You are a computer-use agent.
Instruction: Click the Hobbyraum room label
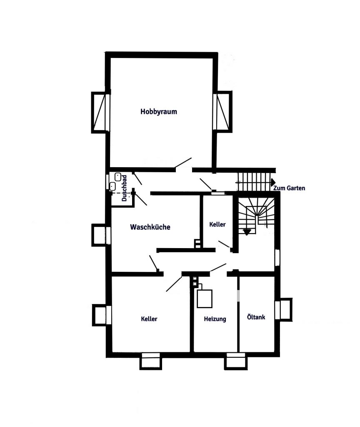pyautogui.click(x=159, y=112)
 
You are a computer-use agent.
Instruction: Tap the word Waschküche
pyautogui.click(x=150, y=227)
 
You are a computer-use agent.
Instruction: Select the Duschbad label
pyautogui.click(x=124, y=188)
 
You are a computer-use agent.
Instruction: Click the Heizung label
pyautogui.click(x=215, y=319)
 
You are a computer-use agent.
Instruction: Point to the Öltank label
pyautogui.click(x=256, y=317)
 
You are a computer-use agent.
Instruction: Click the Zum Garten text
pyautogui.click(x=289, y=188)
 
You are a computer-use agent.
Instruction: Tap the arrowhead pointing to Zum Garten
pyautogui.click(x=273, y=182)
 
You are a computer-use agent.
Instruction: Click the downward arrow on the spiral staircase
pyautogui.click(x=247, y=232)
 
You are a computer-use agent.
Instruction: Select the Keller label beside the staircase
pyautogui.click(x=217, y=224)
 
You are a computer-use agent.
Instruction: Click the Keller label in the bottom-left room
pyautogui.click(x=149, y=319)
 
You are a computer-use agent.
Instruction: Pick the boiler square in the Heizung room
pyautogui.click(x=205, y=299)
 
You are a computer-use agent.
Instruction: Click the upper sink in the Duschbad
pyautogui.click(x=117, y=177)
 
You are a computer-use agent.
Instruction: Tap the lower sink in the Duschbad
pyautogui.click(x=112, y=186)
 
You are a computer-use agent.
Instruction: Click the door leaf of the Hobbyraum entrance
pyautogui.click(x=183, y=163)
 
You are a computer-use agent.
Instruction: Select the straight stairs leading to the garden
pyautogui.click(x=254, y=182)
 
